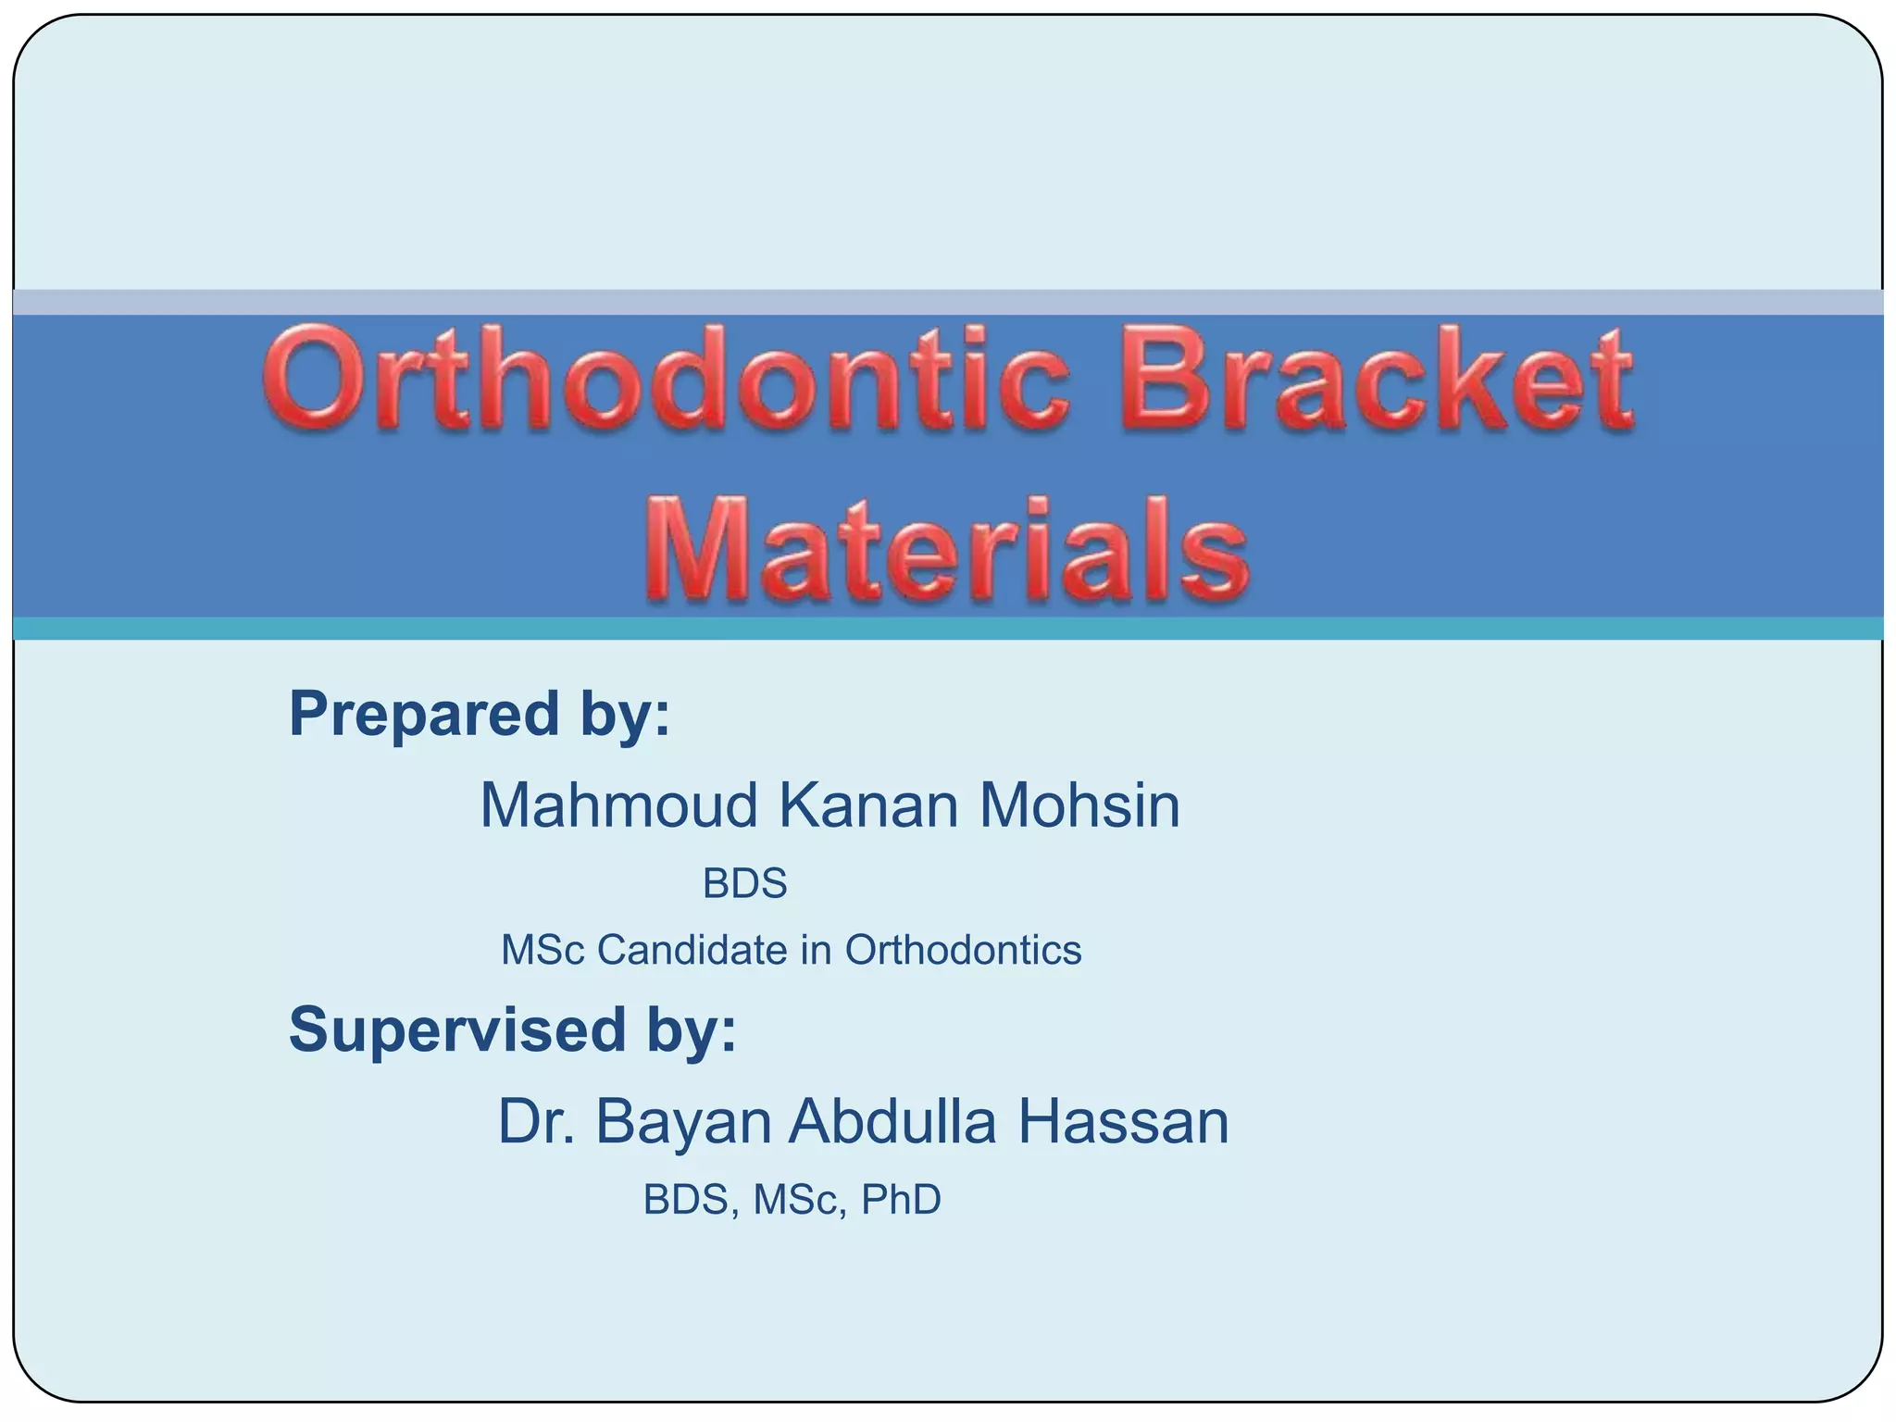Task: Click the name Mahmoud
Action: tap(618, 805)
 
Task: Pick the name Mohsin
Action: tap(1079, 805)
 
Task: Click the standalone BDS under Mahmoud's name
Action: tap(744, 883)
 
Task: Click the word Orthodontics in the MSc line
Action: tap(963, 951)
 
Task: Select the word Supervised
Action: tap(457, 1029)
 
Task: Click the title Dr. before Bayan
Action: tap(533, 1122)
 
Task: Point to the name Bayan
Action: tap(683, 1122)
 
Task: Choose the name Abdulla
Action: tap(892, 1122)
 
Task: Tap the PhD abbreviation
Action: tap(901, 1200)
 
